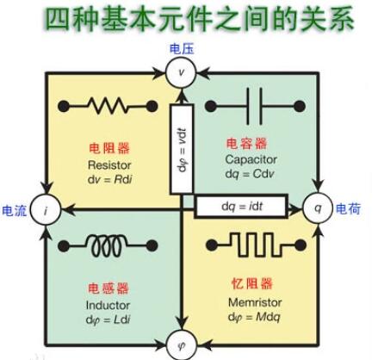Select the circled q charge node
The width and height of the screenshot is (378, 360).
coord(317,208)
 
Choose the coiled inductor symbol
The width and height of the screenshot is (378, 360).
coord(108,240)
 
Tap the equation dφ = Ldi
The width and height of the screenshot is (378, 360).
coord(108,320)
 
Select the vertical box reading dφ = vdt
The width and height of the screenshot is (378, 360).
coord(182,152)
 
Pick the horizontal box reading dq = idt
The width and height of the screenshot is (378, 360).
coord(248,208)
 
